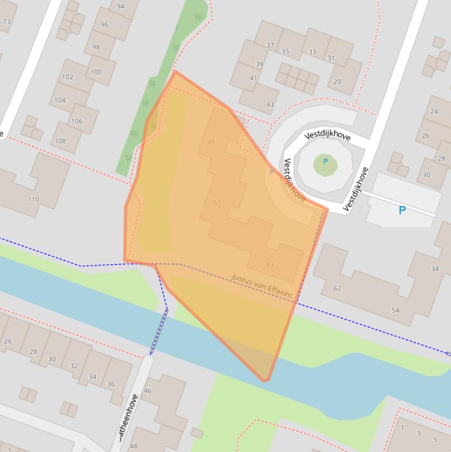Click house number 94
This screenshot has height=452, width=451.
point(120,6)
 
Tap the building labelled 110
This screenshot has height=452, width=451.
point(33,199)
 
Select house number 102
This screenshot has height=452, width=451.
point(67,77)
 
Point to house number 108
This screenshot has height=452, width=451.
point(60,141)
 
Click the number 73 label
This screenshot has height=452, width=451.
point(6,22)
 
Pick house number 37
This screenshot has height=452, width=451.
point(270,45)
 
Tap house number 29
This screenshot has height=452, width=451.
point(337,82)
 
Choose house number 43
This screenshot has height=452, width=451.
point(270,104)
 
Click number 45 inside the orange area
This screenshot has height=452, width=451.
point(212,141)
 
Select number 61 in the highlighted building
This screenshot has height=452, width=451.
point(217,203)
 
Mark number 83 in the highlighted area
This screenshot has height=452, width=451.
point(270,265)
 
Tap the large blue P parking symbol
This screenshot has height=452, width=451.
point(402,210)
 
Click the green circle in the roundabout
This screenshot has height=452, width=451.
point(325,164)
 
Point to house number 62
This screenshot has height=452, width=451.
point(337,288)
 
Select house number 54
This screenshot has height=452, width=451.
point(395,311)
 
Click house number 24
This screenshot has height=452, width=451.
point(434,111)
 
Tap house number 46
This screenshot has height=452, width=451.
point(147,390)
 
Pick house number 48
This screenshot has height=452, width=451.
point(133,446)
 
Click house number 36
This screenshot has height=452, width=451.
point(111,384)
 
